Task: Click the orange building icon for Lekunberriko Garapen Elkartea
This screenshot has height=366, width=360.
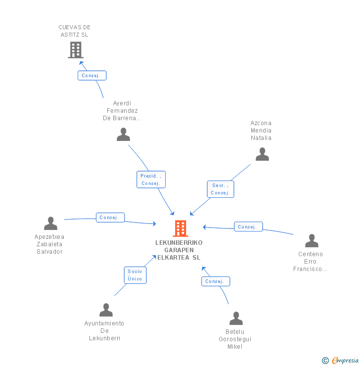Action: tap(180, 229)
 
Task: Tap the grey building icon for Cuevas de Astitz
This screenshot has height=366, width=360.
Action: tap(75, 50)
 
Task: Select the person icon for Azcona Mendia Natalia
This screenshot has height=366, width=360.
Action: tap(262, 154)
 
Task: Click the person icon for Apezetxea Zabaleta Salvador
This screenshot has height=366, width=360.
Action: tap(50, 224)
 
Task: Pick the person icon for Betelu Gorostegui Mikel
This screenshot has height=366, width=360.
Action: tap(236, 319)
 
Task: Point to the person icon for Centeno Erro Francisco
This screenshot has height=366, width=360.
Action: tap(312, 241)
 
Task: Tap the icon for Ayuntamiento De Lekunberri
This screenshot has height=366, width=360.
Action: tap(106, 310)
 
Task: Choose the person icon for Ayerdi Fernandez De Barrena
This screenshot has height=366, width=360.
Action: tap(123, 135)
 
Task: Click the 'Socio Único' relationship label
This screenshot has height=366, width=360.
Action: tap(135, 275)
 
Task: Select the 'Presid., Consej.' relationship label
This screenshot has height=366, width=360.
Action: tap(151, 180)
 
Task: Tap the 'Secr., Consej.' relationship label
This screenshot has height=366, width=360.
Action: tap(220, 189)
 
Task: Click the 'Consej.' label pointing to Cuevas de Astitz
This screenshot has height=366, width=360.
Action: tap(92, 76)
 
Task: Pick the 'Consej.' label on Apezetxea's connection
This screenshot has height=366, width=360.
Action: tap(110, 218)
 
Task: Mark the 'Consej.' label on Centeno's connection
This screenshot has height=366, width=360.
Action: tap(248, 227)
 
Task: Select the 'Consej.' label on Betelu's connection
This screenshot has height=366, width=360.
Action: tap(216, 281)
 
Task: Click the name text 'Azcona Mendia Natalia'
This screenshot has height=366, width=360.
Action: tap(261, 131)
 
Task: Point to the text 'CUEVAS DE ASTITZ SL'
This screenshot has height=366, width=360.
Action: tap(75, 31)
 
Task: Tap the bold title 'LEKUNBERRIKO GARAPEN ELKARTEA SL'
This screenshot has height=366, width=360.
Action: tap(179, 250)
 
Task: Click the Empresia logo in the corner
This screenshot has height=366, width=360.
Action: tap(345, 361)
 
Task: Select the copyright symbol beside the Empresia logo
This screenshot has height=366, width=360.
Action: tap(325, 361)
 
